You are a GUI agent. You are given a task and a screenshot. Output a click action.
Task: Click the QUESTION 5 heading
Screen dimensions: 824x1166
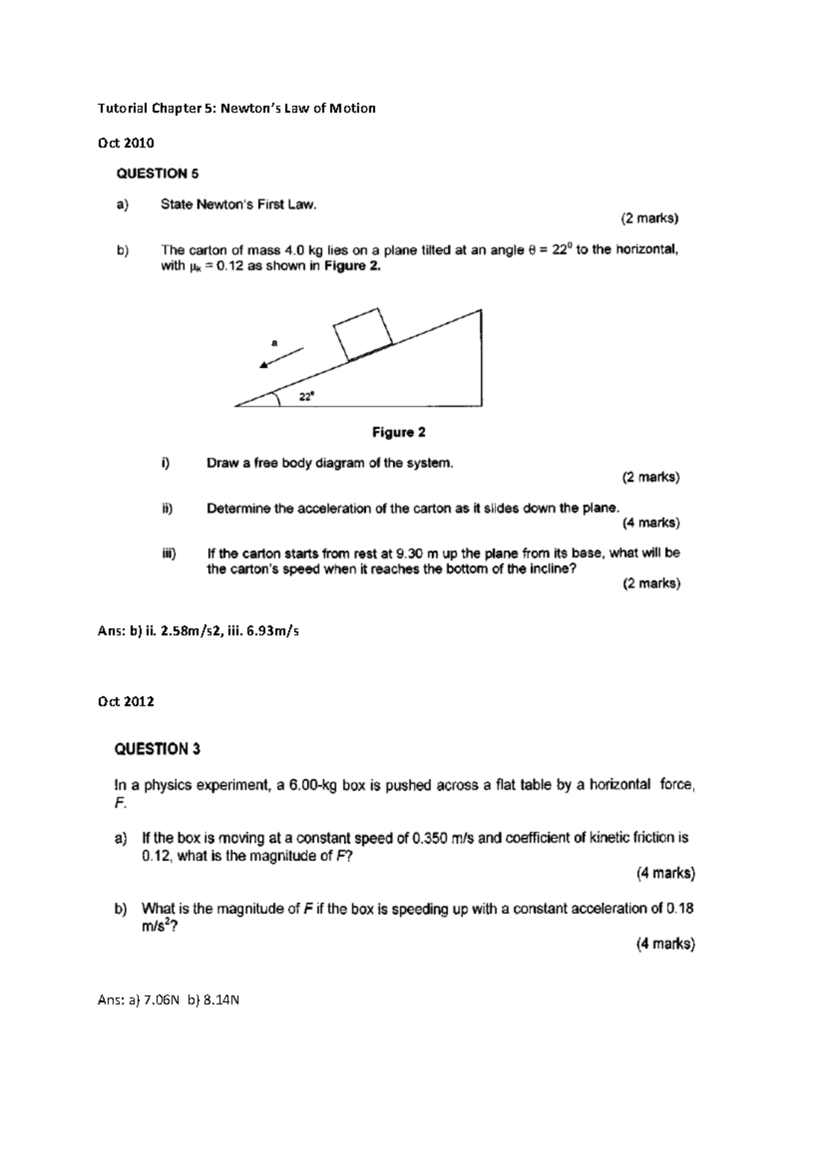[x=157, y=174]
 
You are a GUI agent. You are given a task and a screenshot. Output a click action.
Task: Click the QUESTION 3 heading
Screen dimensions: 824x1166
[x=157, y=749]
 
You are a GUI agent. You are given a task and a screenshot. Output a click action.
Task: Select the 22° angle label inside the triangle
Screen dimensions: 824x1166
[x=307, y=396]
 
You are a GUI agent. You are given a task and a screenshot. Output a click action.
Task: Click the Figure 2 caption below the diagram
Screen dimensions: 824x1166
[x=398, y=433]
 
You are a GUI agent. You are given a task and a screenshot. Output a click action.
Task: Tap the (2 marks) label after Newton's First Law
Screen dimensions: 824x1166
[x=650, y=220]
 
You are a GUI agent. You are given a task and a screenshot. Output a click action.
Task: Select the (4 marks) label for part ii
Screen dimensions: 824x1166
[x=651, y=523]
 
